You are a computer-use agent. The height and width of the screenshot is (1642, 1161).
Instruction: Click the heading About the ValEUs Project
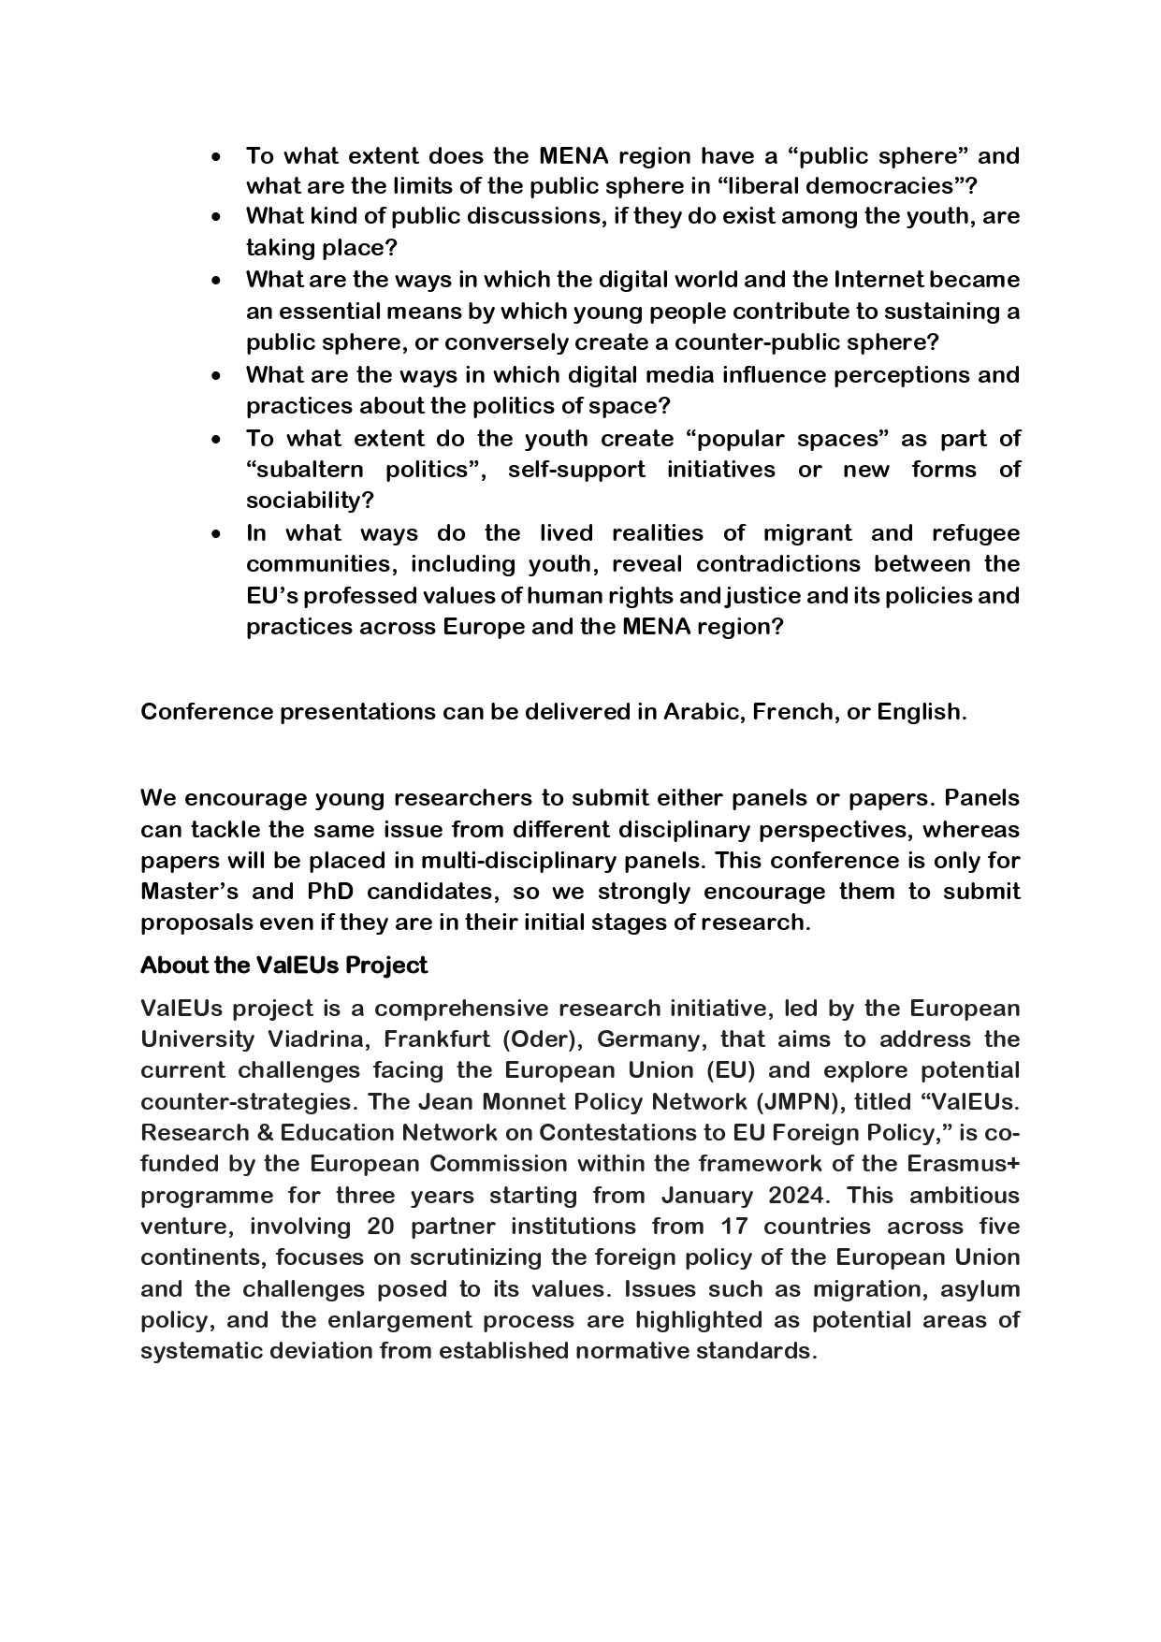tap(283, 965)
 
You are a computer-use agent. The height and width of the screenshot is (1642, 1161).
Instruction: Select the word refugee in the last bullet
tap(975, 532)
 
